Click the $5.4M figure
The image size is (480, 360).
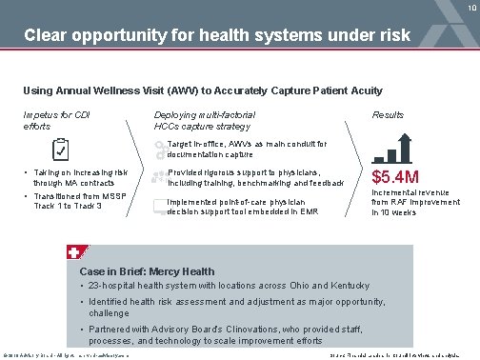[395, 177]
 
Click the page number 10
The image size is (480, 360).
[470, 9]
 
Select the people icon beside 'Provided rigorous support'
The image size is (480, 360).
[158, 176]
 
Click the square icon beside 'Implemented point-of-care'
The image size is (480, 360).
[158, 206]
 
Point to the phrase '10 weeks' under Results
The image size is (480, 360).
[393, 213]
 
